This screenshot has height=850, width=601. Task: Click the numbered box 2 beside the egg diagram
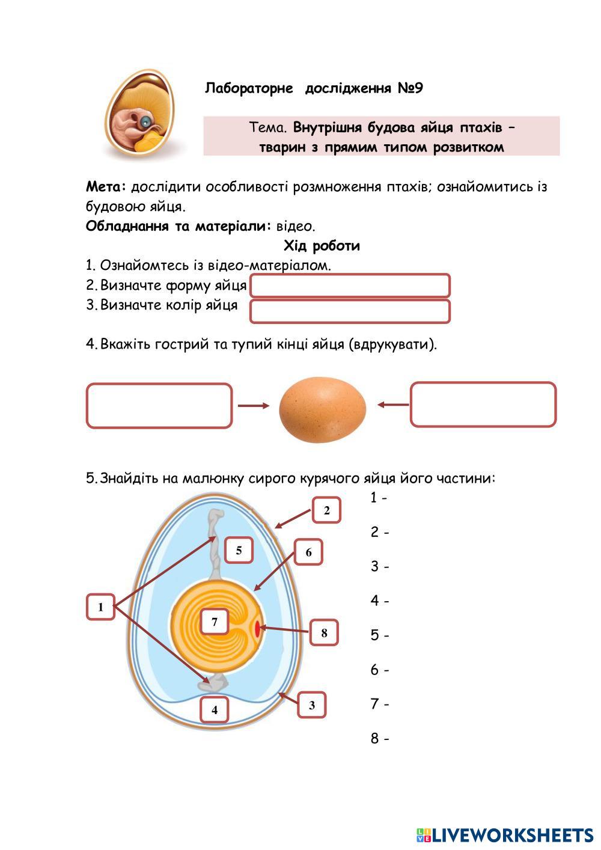(x=326, y=511)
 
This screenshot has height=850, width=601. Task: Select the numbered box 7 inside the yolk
(x=215, y=622)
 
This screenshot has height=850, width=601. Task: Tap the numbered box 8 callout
(x=324, y=632)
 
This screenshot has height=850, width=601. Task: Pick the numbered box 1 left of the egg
(x=100, y=607)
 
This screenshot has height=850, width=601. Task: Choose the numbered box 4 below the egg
(x=215, y=710)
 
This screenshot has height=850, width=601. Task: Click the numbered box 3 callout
(x=311, y=705)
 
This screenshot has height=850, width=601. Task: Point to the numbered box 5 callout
(x=239, y=550)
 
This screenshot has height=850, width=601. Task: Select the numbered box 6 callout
(x=308, y=552)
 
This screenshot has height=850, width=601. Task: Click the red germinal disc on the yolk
(x=258, y=629)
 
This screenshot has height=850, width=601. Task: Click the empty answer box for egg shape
(x=350, y=286)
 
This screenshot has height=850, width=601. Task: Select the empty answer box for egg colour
(x=350, y=311)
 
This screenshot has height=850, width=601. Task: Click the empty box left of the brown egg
(x=159, y=406)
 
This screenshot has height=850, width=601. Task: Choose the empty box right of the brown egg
(x=483, y=405)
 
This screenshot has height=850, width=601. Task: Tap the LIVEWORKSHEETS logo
(x=504, y=834)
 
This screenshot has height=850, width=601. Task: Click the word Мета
(x=106, y=186)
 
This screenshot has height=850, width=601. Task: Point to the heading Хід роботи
(x=322, y=246)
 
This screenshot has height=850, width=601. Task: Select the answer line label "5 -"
(x=379, y=635)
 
